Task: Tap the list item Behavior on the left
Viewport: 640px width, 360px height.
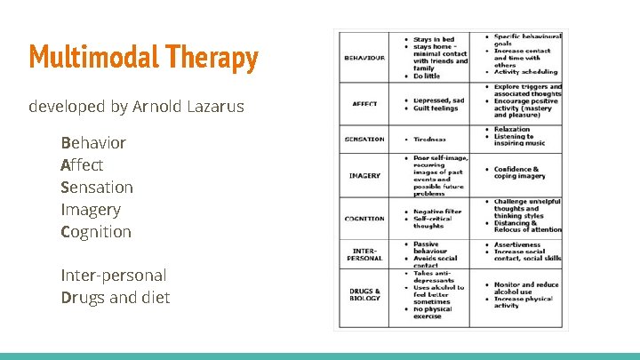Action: (x=93, y=143)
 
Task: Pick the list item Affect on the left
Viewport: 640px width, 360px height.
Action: (x=82, y=165)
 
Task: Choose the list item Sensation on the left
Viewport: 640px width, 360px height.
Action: (x=97, y=188)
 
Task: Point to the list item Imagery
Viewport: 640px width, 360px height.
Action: (x=90, y=210)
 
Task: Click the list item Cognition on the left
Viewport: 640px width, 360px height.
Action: (x=96, y=232)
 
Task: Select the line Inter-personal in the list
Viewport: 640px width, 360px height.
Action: (x=113, y=276)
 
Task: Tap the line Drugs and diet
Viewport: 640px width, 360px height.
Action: (x=115, y=298)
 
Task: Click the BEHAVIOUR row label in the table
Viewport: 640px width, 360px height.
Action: (x=364, y=58)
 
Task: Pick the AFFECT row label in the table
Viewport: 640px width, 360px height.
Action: (x=364, y=104)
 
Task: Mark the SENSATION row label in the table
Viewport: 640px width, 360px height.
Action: (x=364, y=140)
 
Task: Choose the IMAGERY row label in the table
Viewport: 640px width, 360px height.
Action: (x=364, y=176)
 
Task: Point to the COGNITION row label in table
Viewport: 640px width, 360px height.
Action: (x=364, y=219)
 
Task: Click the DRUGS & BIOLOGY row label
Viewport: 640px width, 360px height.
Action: (x=364, y=295)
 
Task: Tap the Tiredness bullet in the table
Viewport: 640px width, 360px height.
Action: (x=429, y=140)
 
